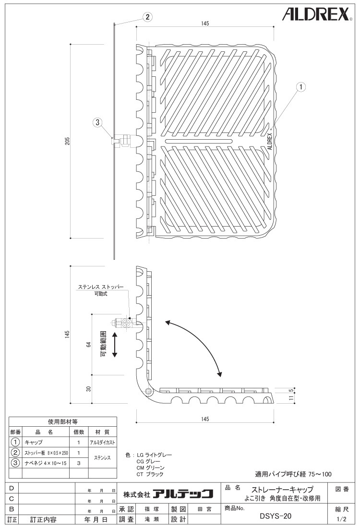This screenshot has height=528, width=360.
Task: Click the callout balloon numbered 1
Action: [301, 87]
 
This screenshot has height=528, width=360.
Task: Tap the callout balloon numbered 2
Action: [147, 17]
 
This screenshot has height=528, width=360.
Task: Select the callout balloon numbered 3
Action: [97, 122]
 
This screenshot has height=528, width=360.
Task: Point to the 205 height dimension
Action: [67, 141]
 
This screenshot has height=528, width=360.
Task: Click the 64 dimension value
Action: [89, 344]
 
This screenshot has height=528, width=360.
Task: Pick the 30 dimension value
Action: [89, 389]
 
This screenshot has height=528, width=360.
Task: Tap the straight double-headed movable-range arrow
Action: [115, 345]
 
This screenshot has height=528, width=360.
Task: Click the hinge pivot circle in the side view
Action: [148, 392]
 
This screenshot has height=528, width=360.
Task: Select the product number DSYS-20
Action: [276, 516]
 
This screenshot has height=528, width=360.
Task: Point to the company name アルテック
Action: [183, 493]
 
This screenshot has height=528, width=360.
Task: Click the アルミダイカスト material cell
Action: [102, 443]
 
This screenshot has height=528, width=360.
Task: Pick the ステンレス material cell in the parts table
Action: [102, 457]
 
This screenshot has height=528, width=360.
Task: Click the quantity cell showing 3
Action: [79, 463]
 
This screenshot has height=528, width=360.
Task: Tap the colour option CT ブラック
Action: [150, 474]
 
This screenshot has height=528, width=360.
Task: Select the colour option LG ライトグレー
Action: [154, 455]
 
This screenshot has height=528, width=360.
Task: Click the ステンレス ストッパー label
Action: [101, 287]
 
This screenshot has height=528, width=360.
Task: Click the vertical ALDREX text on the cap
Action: [269, 141]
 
